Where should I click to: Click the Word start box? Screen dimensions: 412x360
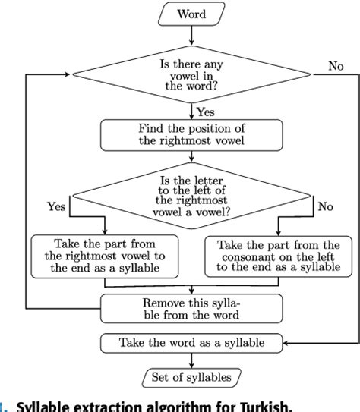tap(191, 14)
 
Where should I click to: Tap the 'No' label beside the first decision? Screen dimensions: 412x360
tap(335, 66)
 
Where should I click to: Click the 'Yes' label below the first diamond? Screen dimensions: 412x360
tap(206, 112)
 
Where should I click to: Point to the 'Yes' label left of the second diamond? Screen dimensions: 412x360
tap(56, 206)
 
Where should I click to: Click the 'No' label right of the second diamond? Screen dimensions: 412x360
tap(324, 206)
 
